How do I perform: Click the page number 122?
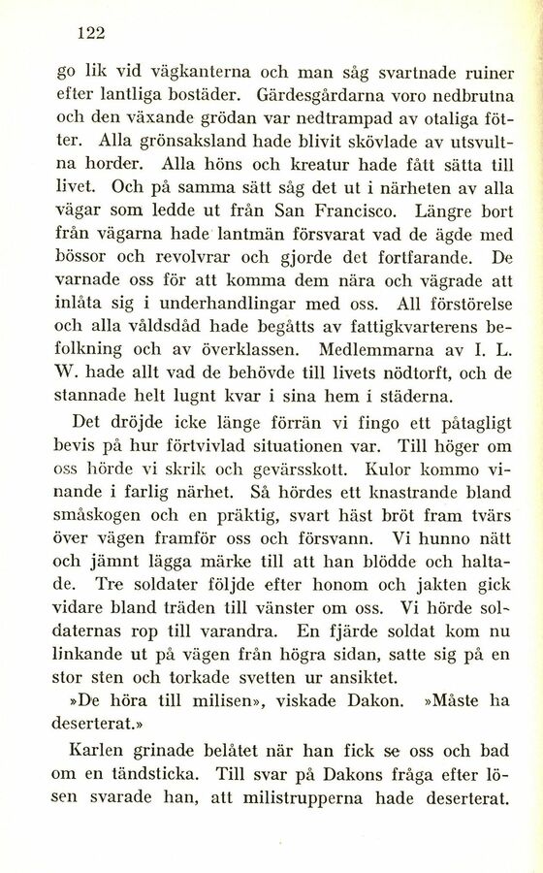click(x=90, y=32)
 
